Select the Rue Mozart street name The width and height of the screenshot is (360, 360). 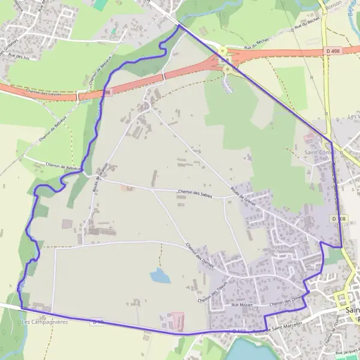pyautogui.click(x=241, y=306)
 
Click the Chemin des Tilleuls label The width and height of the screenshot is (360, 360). pyautogui.click(x=212, y=291)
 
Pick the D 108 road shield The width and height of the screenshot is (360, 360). pyautogui.click(x=337, y=219)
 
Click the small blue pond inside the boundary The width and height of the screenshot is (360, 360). pyautogui.click(x=160, y=275)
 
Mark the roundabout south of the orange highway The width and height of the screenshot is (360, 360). pyautogui.click(x=228, y=70)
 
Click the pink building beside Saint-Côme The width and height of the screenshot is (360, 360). pyautogui.click(x=309, y=138)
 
